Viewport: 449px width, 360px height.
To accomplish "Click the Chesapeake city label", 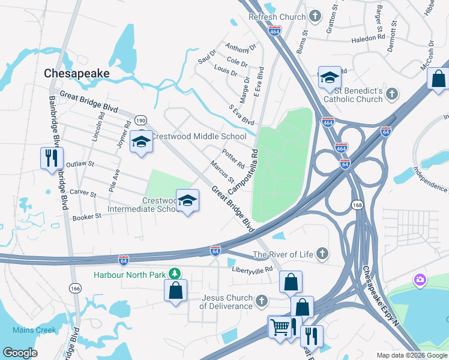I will pyautogui.click(x=76, y=73).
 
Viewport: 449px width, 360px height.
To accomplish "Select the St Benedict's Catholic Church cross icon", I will pyautogui.click(x=392, y=94).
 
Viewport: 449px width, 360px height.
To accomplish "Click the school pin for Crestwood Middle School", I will pyautogui.click(x=141, y=142).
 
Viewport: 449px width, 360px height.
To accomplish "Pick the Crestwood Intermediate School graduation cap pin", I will pyautogui.click(x=187, y=201).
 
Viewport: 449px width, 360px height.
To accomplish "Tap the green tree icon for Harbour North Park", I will pyautogui.click(x=175, y=274).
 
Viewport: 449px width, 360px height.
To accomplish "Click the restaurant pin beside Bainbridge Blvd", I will pyautogui.click(x=51, y=158).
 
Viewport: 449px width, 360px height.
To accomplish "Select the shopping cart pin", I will pyautogui.click(x=279, y=328).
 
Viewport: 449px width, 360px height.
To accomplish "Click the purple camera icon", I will pyautogui.click(x=420, y=280).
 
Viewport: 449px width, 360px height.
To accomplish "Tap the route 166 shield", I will pyautogui.click(x=75, y=289).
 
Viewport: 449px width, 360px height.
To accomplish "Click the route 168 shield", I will pyautogui.click(x=357, y=205).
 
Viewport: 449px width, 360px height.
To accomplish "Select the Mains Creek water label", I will pyautogui.click(x=34, y=330).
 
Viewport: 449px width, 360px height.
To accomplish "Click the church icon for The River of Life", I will pyautogui.click(x=323, y=254).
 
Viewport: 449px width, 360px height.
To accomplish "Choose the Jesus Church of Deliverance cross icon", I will pyautogui.click(x=261, y=300).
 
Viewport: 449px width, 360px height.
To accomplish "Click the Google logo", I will pyautogui.click(x=20, y=352).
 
